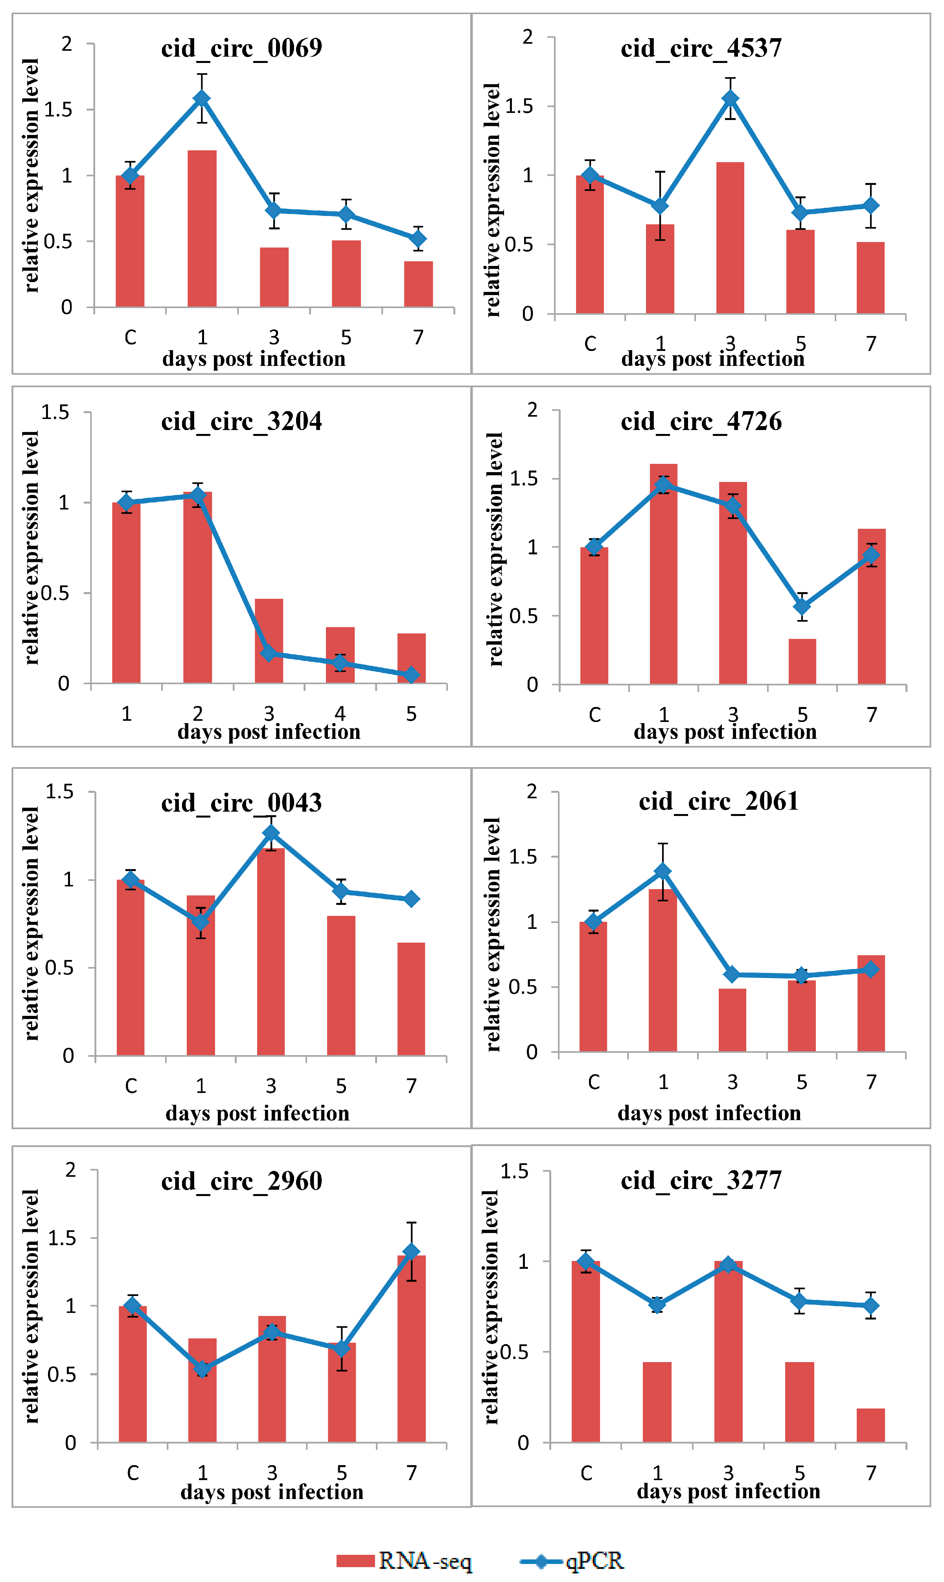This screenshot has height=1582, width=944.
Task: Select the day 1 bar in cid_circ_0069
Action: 202,229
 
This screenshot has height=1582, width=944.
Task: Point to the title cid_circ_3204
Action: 242,422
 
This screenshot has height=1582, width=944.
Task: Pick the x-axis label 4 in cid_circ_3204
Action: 340,714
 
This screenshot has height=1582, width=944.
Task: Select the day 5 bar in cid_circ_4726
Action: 802,662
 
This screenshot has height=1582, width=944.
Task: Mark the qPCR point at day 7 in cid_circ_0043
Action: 412,899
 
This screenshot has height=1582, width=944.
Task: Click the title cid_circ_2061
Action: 719,801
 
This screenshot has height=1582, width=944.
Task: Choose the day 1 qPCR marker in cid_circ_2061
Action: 663,871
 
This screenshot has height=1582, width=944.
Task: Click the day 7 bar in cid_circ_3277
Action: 871,1425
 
